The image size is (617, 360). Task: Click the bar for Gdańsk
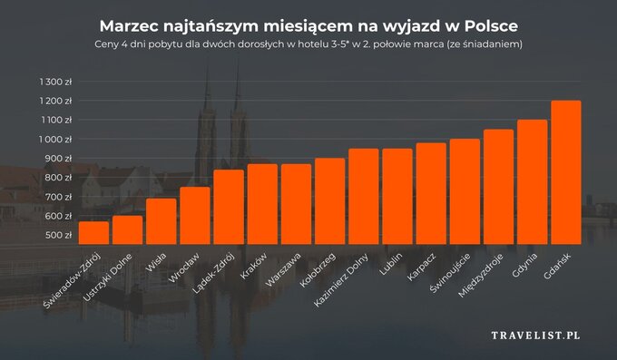coord(565,172)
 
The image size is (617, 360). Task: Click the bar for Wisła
coord(161,221)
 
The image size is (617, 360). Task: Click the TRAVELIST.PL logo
coord(534,336)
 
